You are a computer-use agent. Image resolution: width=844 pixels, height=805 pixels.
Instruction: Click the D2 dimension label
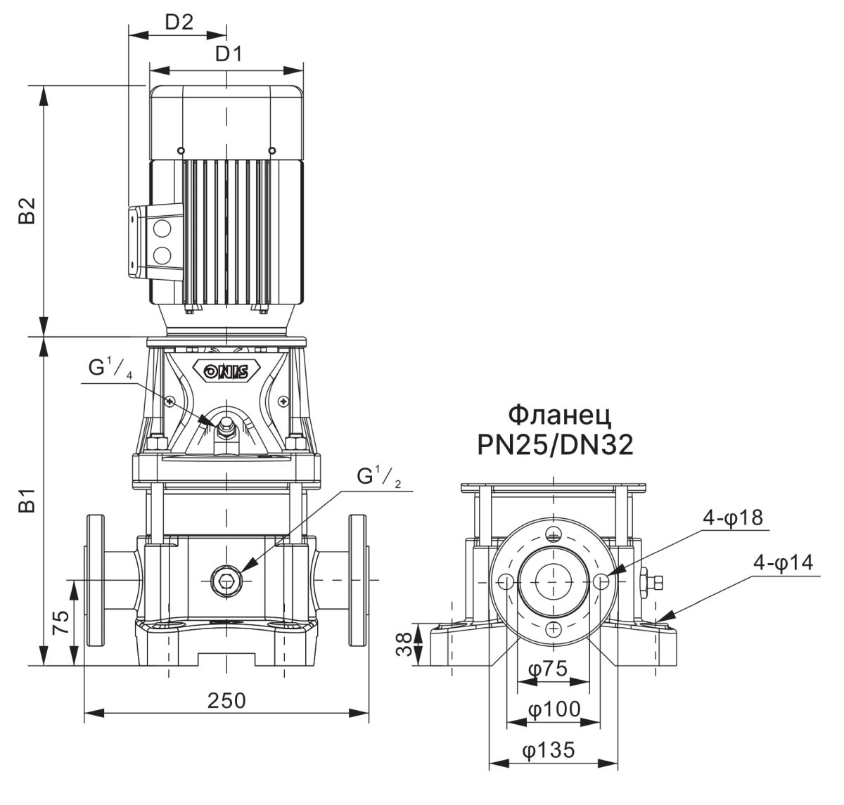coord(179,22)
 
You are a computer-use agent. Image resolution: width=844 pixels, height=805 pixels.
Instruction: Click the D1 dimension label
coord(229,54)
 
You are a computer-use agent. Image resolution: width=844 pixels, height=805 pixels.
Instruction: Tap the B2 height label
coord(27,211)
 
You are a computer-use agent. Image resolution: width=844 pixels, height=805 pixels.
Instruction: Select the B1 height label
coord(27,501)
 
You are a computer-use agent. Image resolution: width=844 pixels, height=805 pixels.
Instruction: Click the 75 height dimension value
coord(60,622)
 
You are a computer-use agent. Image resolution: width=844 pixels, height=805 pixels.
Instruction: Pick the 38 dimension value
coord(404,645)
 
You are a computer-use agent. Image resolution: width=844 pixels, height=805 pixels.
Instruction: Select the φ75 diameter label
coord(548,668)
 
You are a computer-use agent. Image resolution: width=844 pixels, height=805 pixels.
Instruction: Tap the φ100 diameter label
coord(554,709)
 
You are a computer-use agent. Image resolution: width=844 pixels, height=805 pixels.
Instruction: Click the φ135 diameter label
coord(548,750)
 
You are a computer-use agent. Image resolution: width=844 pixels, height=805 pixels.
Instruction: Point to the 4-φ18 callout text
coord(733,518)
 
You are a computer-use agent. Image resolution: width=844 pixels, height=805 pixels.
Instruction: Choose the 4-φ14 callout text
coord(784,563)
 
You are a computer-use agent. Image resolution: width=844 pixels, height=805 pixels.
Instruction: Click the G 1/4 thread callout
coord(110,369)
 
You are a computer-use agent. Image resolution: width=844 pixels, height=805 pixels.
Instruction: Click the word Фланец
coord(559,415)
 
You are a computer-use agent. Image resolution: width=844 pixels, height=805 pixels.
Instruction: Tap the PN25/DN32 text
coord(555,445)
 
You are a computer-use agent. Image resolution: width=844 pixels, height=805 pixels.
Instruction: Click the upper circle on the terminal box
coord(162,228)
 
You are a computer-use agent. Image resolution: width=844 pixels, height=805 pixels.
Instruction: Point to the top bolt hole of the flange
coord(554,535)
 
